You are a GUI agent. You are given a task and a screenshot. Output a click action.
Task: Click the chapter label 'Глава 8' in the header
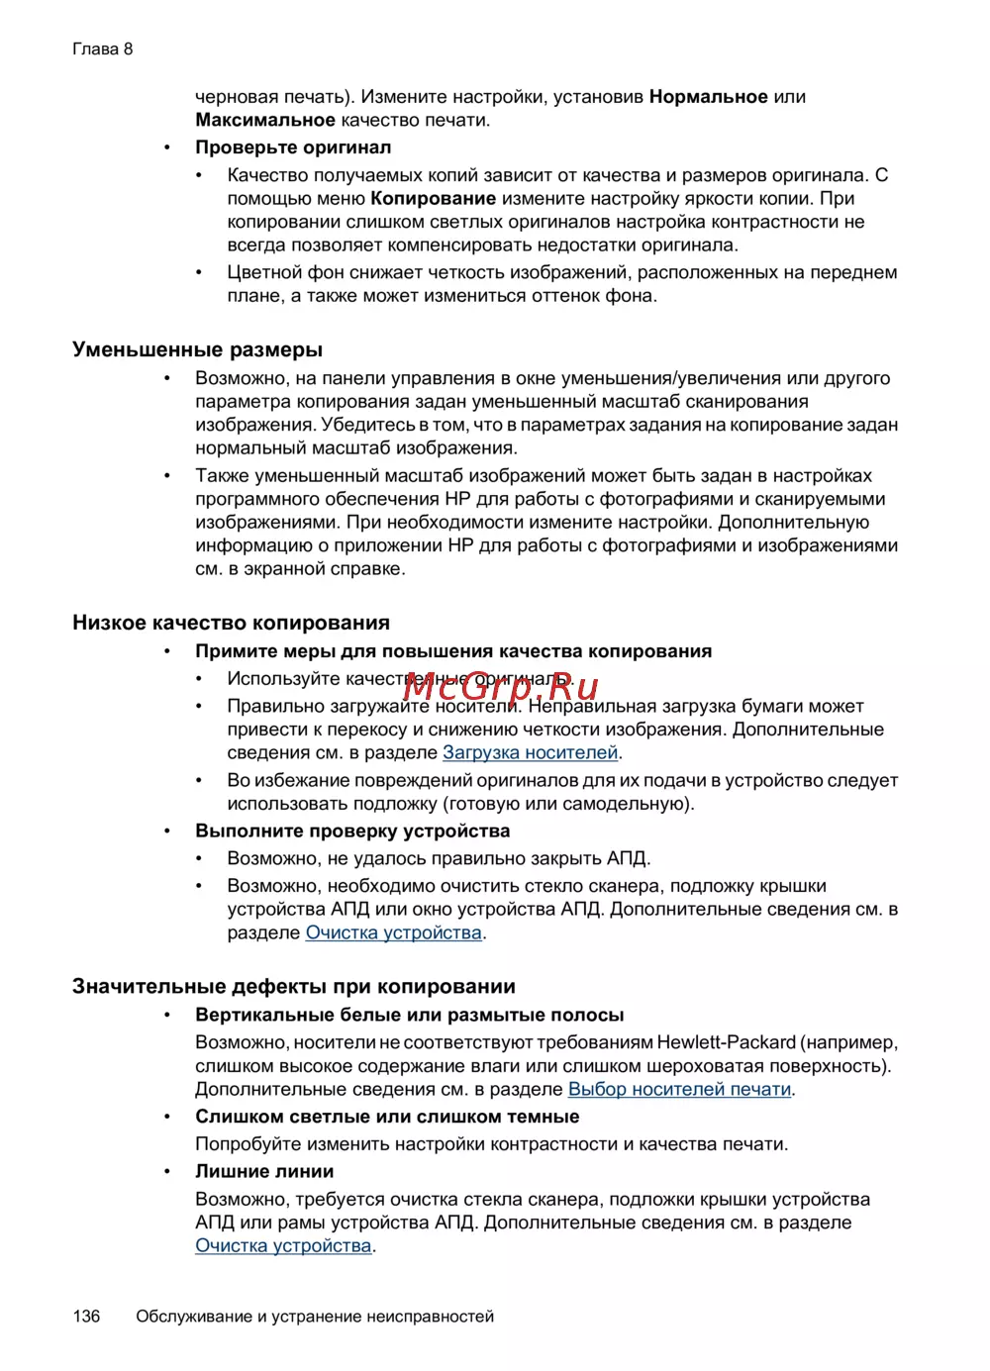pos(102,49)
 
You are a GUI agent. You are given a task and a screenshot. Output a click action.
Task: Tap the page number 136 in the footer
pos(86,1316)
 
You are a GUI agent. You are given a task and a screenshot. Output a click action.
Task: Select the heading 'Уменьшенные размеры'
pos(197,349)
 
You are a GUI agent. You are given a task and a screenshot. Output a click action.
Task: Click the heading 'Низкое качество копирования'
pos(231,623)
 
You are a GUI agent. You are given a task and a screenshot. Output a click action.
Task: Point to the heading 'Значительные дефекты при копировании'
pos(294,986)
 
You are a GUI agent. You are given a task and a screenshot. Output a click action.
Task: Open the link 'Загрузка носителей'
pos(530,752)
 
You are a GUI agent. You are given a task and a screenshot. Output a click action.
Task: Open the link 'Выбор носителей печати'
pos(679,1089)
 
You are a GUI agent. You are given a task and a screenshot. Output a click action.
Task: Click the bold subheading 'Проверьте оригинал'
pos(293,147)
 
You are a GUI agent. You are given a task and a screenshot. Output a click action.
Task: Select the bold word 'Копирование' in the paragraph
pos(434,198)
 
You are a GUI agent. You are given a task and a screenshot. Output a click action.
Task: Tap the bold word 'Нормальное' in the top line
pos(709,97)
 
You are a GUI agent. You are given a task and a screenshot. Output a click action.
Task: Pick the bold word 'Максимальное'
pos(265,121)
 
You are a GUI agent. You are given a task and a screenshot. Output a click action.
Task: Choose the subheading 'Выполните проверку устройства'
pos(352,831)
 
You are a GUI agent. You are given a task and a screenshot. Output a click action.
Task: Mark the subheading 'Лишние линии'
pos(264,1171)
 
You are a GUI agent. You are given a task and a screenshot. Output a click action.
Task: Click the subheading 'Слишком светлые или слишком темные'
pos(387,1117)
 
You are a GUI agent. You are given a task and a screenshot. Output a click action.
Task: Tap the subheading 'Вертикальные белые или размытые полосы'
pos(410,1015)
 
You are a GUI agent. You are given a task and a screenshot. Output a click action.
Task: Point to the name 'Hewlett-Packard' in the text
pos(726,1042)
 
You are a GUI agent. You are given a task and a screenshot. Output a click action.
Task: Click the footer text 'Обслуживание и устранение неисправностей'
pos(315,1316)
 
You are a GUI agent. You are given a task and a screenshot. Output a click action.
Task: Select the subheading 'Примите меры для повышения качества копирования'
pos(453,651)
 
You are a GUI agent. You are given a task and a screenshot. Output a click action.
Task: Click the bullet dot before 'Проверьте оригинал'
pos(168,147)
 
